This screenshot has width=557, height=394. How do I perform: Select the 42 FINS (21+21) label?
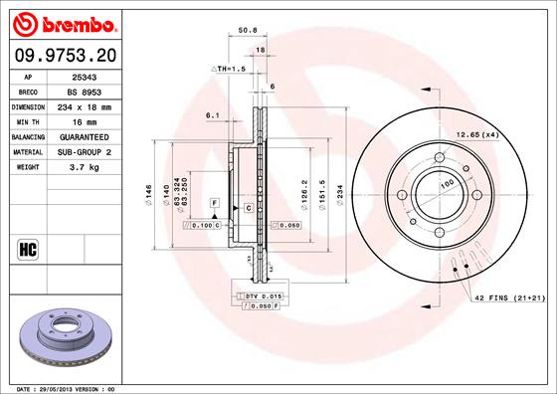point(509,298)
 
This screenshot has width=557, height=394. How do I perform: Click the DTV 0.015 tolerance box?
point(258,296)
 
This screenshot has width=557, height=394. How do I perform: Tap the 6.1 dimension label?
point(211,116)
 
